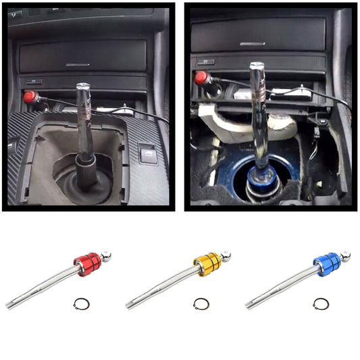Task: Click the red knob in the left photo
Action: point(29,97)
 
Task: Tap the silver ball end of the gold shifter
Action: point(226,256)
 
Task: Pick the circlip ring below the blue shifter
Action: point(318,304)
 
